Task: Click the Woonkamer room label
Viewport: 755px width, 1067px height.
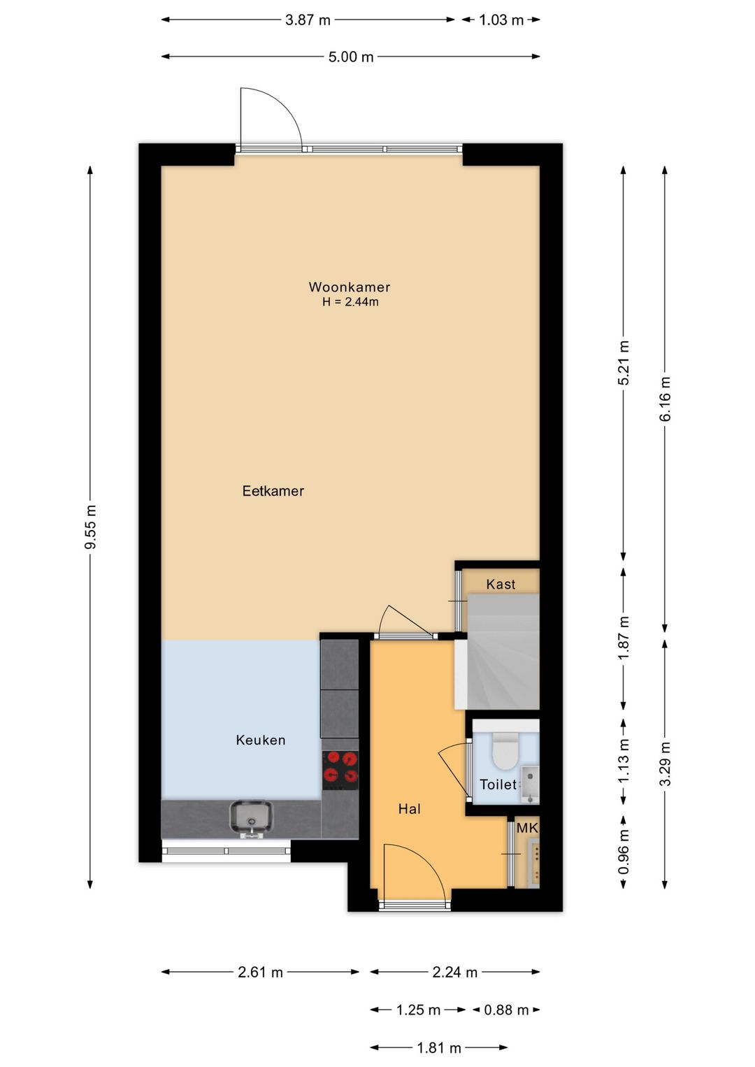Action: [349, 287]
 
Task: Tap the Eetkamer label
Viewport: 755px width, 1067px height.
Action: [273, 491]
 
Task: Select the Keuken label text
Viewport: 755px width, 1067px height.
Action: [261, 740]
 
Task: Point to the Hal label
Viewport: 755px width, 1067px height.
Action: [410, 809]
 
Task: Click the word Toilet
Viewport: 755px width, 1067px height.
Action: [498, 785]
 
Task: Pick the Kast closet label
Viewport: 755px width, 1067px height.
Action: [501, 585]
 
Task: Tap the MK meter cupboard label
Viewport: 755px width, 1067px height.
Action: [527, 829]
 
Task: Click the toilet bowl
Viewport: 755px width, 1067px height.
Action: [505, 750]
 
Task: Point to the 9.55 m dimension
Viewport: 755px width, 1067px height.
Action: [90, 527]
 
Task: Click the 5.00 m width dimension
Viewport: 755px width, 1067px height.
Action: [351, 57]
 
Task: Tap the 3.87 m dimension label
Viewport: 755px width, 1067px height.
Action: [308, 20]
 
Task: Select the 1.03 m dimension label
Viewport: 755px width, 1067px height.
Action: [501, 20]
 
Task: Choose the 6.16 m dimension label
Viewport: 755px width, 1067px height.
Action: [665, 399]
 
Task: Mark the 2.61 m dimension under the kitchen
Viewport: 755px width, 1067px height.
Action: [261, 972]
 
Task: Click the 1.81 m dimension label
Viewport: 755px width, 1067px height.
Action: [439, 1047]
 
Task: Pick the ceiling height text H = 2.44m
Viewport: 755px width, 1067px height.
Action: [350, 302]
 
